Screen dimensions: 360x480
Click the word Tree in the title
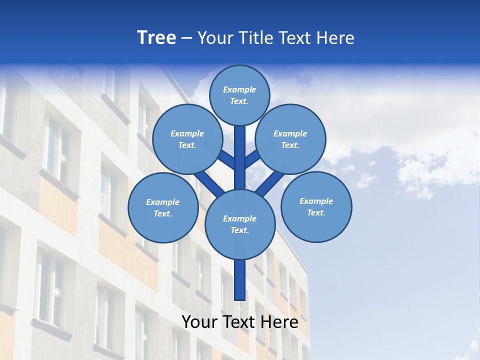[156, 37]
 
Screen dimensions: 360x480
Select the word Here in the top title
[335, 38]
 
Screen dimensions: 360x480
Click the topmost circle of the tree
[239, 95]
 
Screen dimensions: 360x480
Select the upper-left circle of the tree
[187, 139]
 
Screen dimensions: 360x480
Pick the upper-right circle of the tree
[290, 139]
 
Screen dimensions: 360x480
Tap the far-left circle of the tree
[163, 207]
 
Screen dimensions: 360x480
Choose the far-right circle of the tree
[316, 206]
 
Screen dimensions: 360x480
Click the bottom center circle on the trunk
[240, 224]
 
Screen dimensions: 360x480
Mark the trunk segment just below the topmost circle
[240, 150]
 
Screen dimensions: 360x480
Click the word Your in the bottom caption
[198, 322]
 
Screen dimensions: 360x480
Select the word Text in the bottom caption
[237, 322]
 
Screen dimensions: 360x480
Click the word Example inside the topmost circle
[239, 89]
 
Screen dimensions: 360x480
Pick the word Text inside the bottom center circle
[239, 230]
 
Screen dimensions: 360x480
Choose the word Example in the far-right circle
[316, 201]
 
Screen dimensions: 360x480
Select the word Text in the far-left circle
[162, 213]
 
